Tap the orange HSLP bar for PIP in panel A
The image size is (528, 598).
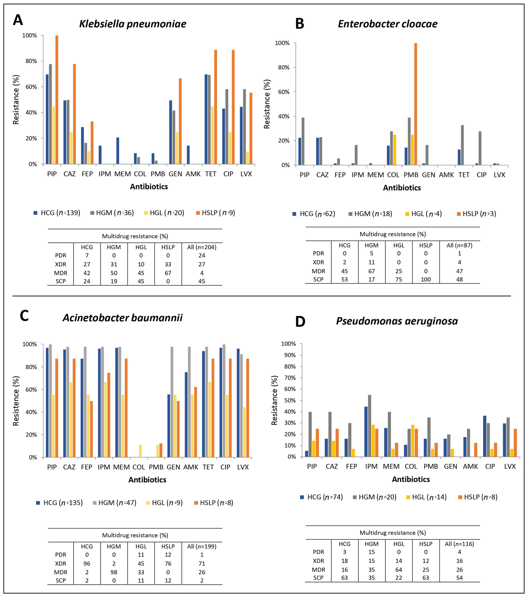[x=57, y=99]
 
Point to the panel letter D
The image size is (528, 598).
[x=300, y=322]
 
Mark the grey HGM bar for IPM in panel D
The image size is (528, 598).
[x=370, y=426]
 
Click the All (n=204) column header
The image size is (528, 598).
[x=201, y=247]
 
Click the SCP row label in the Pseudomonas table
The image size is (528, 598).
[x=318, y=578]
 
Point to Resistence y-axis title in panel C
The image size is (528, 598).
[x=16, y=401]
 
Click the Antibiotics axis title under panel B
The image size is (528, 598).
[x=402, y=188]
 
